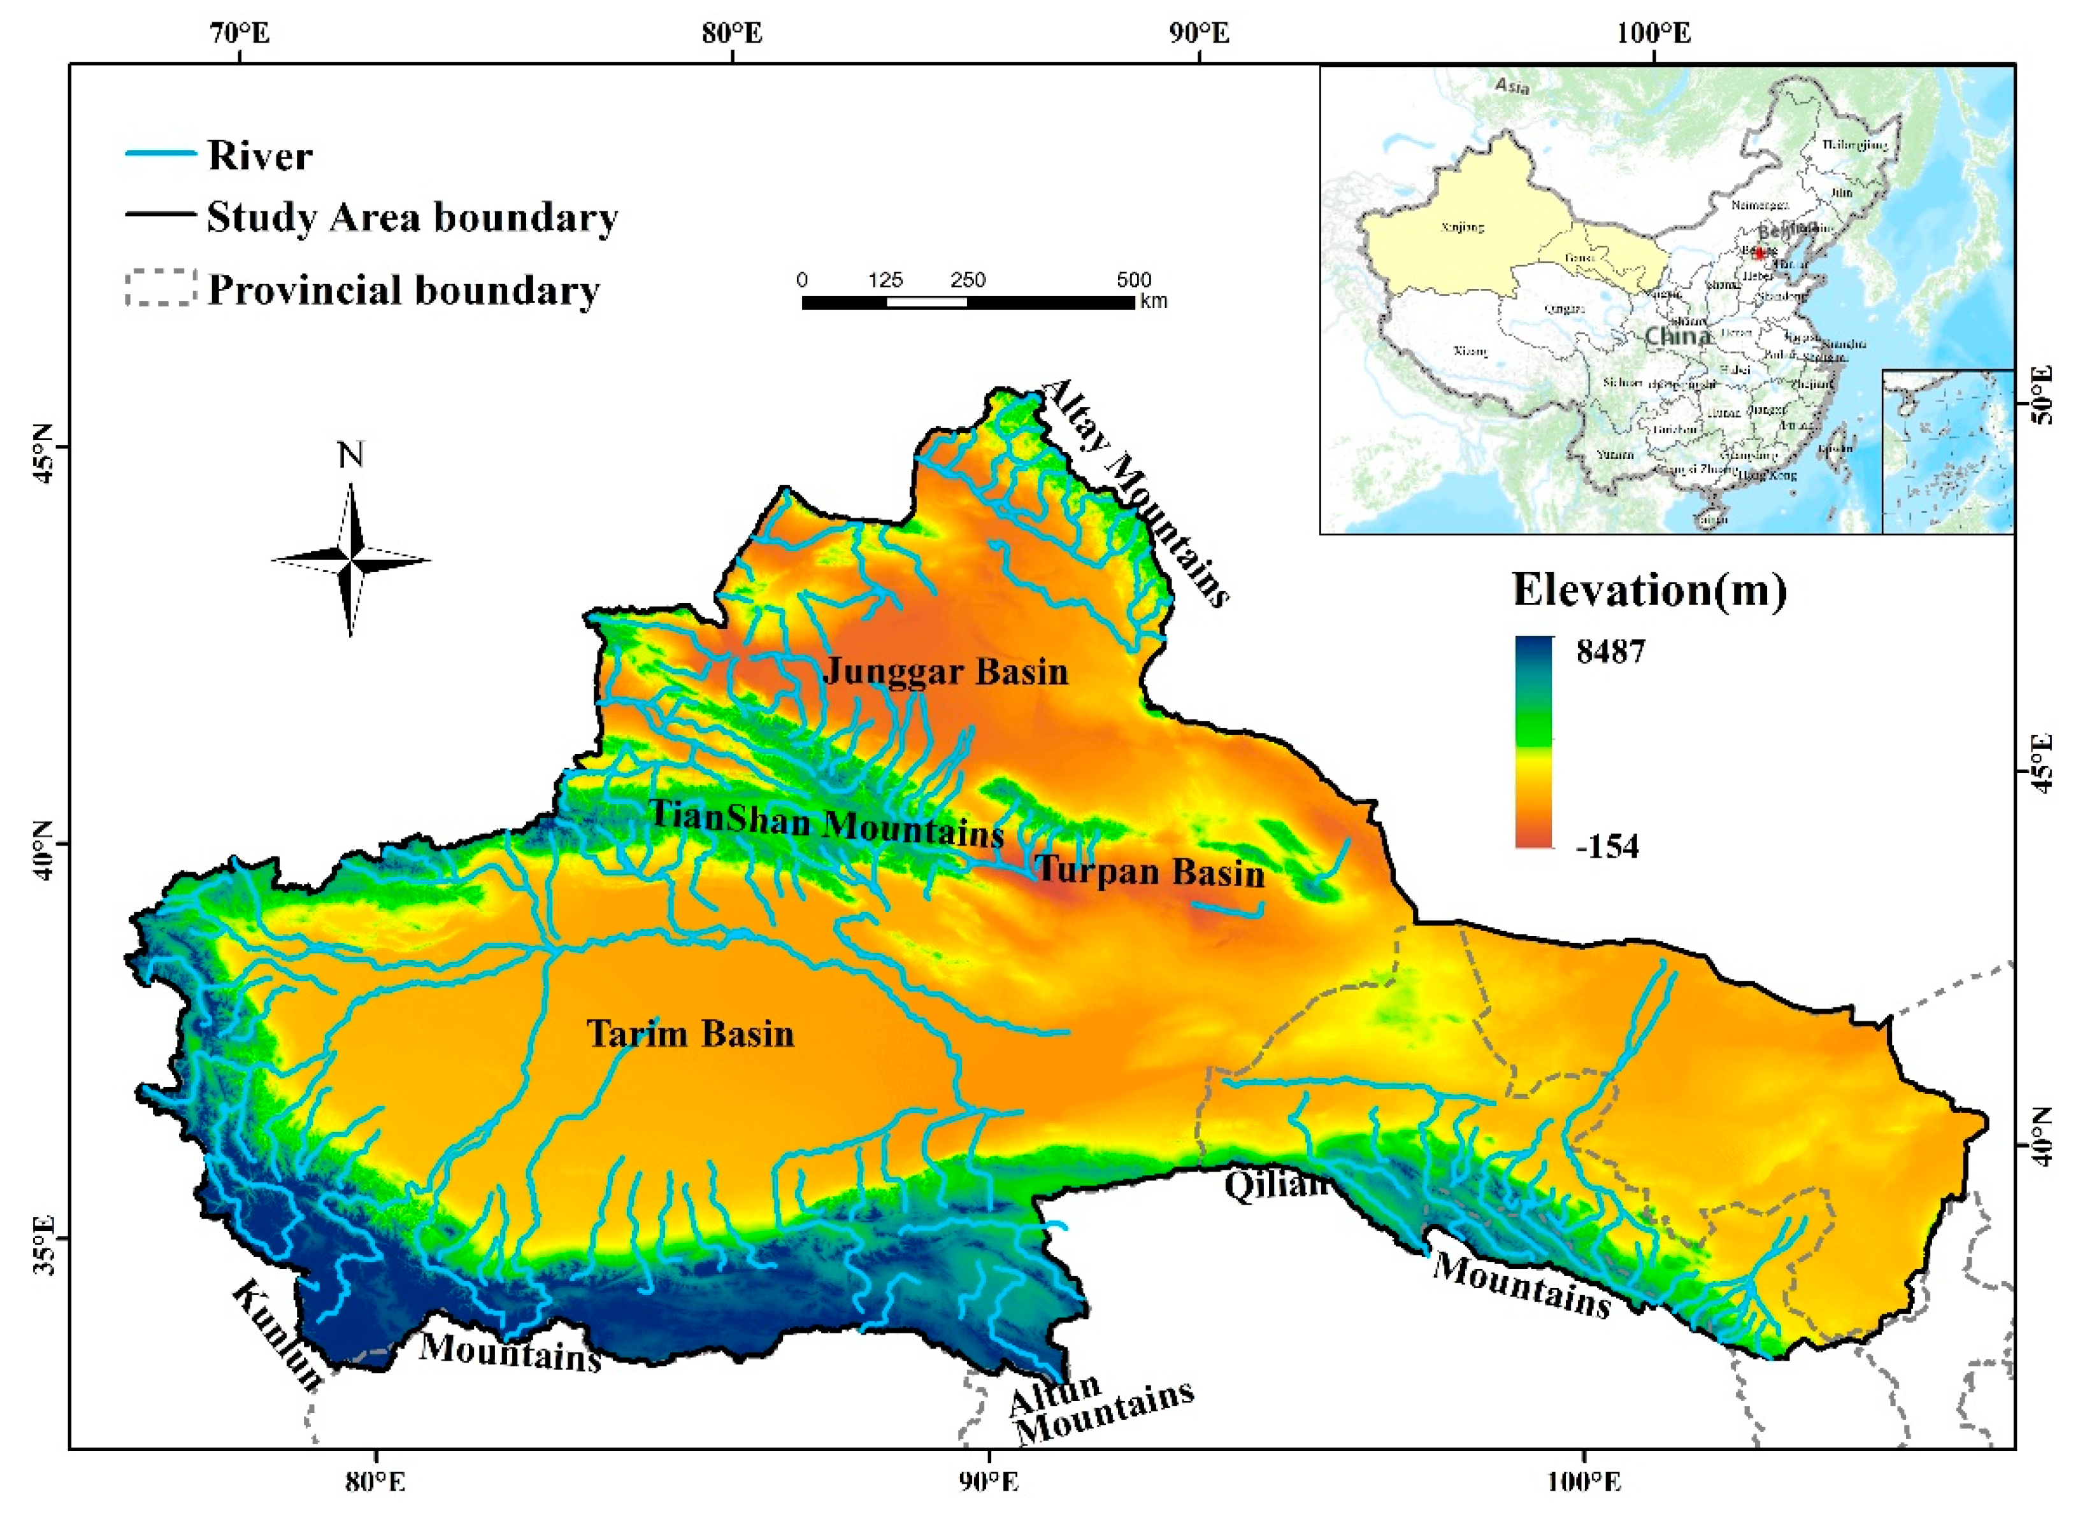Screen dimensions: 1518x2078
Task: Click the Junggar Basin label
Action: point(946,672)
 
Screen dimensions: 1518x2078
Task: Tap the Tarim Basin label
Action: point(690,1033)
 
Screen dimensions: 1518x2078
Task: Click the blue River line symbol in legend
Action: point(160,153)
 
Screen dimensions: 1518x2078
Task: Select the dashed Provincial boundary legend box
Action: point(161,288)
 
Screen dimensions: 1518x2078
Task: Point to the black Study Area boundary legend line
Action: point(160,215)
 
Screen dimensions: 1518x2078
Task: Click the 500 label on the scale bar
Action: point(1133,280)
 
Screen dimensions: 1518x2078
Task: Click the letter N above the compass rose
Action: point(351,455)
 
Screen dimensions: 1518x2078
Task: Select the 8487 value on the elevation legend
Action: point(1610,651)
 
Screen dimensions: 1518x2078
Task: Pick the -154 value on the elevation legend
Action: point(1607,846)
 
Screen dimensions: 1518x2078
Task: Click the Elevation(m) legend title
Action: point(1649,589)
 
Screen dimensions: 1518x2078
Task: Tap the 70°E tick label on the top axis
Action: point(240,33)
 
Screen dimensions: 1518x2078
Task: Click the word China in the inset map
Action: point(1677,336)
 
